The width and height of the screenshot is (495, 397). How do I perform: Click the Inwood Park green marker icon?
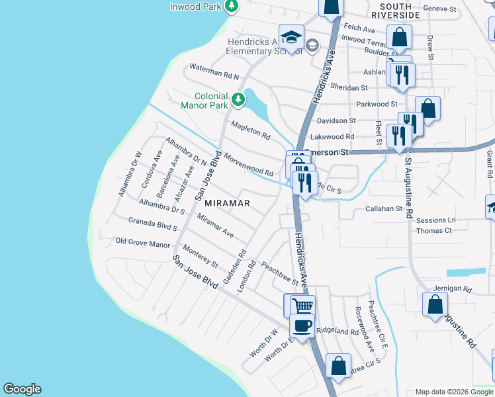232,7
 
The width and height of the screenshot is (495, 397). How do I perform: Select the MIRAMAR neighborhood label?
227,203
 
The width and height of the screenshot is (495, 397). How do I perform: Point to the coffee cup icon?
302,326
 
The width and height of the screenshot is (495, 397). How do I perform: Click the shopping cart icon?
302,306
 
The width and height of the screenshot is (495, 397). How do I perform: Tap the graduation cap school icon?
291,36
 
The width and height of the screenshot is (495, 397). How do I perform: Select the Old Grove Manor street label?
143,243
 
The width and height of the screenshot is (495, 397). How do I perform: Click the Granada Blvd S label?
153,224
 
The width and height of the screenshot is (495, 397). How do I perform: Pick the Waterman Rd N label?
213,67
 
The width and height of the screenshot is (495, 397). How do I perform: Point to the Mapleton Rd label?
250,130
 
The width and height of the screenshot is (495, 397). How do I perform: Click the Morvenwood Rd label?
249,165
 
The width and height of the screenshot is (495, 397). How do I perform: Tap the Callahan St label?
384,208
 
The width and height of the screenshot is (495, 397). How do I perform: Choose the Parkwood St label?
376,104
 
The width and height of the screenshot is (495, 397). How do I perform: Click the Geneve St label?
441,9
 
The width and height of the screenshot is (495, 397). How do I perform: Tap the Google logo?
22,389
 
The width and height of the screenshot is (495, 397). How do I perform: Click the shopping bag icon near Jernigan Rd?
435,305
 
